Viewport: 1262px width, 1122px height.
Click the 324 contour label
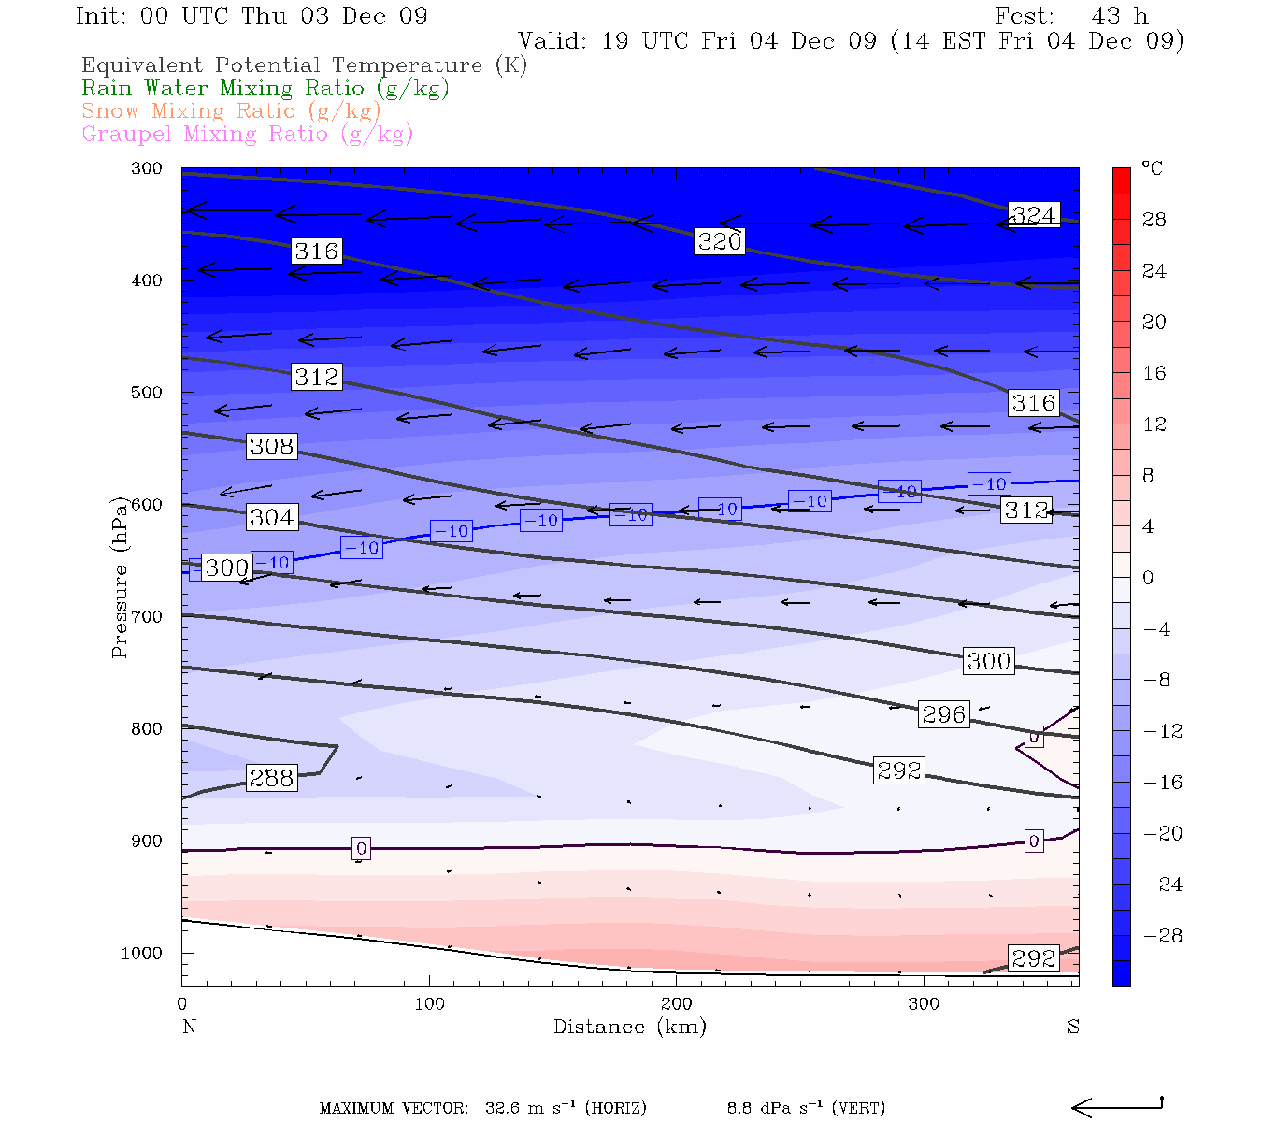1033,215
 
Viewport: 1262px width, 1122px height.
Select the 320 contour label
720,241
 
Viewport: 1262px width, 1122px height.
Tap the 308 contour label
271,447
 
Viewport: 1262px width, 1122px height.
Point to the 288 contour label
271,778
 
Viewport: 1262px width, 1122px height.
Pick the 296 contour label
943,714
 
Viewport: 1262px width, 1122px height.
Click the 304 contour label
271,517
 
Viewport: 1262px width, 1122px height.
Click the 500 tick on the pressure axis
147,393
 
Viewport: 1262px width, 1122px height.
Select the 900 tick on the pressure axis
147,841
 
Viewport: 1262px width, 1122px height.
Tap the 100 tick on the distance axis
430,1004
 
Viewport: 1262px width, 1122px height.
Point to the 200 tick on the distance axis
677,1004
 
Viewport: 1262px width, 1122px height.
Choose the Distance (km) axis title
629,1027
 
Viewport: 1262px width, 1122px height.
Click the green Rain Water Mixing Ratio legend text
265,89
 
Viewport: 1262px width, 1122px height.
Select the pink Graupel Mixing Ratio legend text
247,134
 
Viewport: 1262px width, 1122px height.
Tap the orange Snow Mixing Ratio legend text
231,111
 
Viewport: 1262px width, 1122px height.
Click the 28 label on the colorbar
1154,220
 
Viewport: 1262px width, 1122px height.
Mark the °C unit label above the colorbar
1152,168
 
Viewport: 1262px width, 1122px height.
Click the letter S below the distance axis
1073,1027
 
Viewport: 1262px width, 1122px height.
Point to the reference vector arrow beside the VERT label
1116,1107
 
